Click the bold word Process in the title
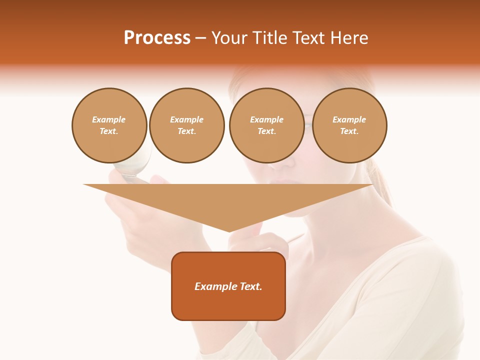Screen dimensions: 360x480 click(x=157, y=38)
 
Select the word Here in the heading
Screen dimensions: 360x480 click(x=348, y=38)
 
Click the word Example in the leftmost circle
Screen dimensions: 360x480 click(x=109, y=119)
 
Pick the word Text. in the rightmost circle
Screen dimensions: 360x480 click(x=349, y=131)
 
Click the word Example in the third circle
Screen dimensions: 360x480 click(x=266, y=119)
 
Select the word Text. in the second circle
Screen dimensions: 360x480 click(x=186, y=131)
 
